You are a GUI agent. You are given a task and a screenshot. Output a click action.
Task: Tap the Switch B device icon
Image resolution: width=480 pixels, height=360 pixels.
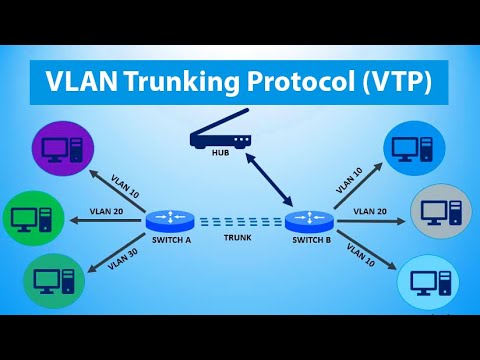[307, 220]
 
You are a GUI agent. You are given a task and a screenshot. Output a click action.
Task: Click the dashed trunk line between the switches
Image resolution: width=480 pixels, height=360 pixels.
[237, 221]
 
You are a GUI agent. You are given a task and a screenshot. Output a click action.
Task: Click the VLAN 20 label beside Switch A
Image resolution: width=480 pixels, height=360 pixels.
[106, 210]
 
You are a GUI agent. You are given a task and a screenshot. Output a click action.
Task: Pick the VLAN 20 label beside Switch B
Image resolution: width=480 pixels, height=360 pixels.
[369, 211]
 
